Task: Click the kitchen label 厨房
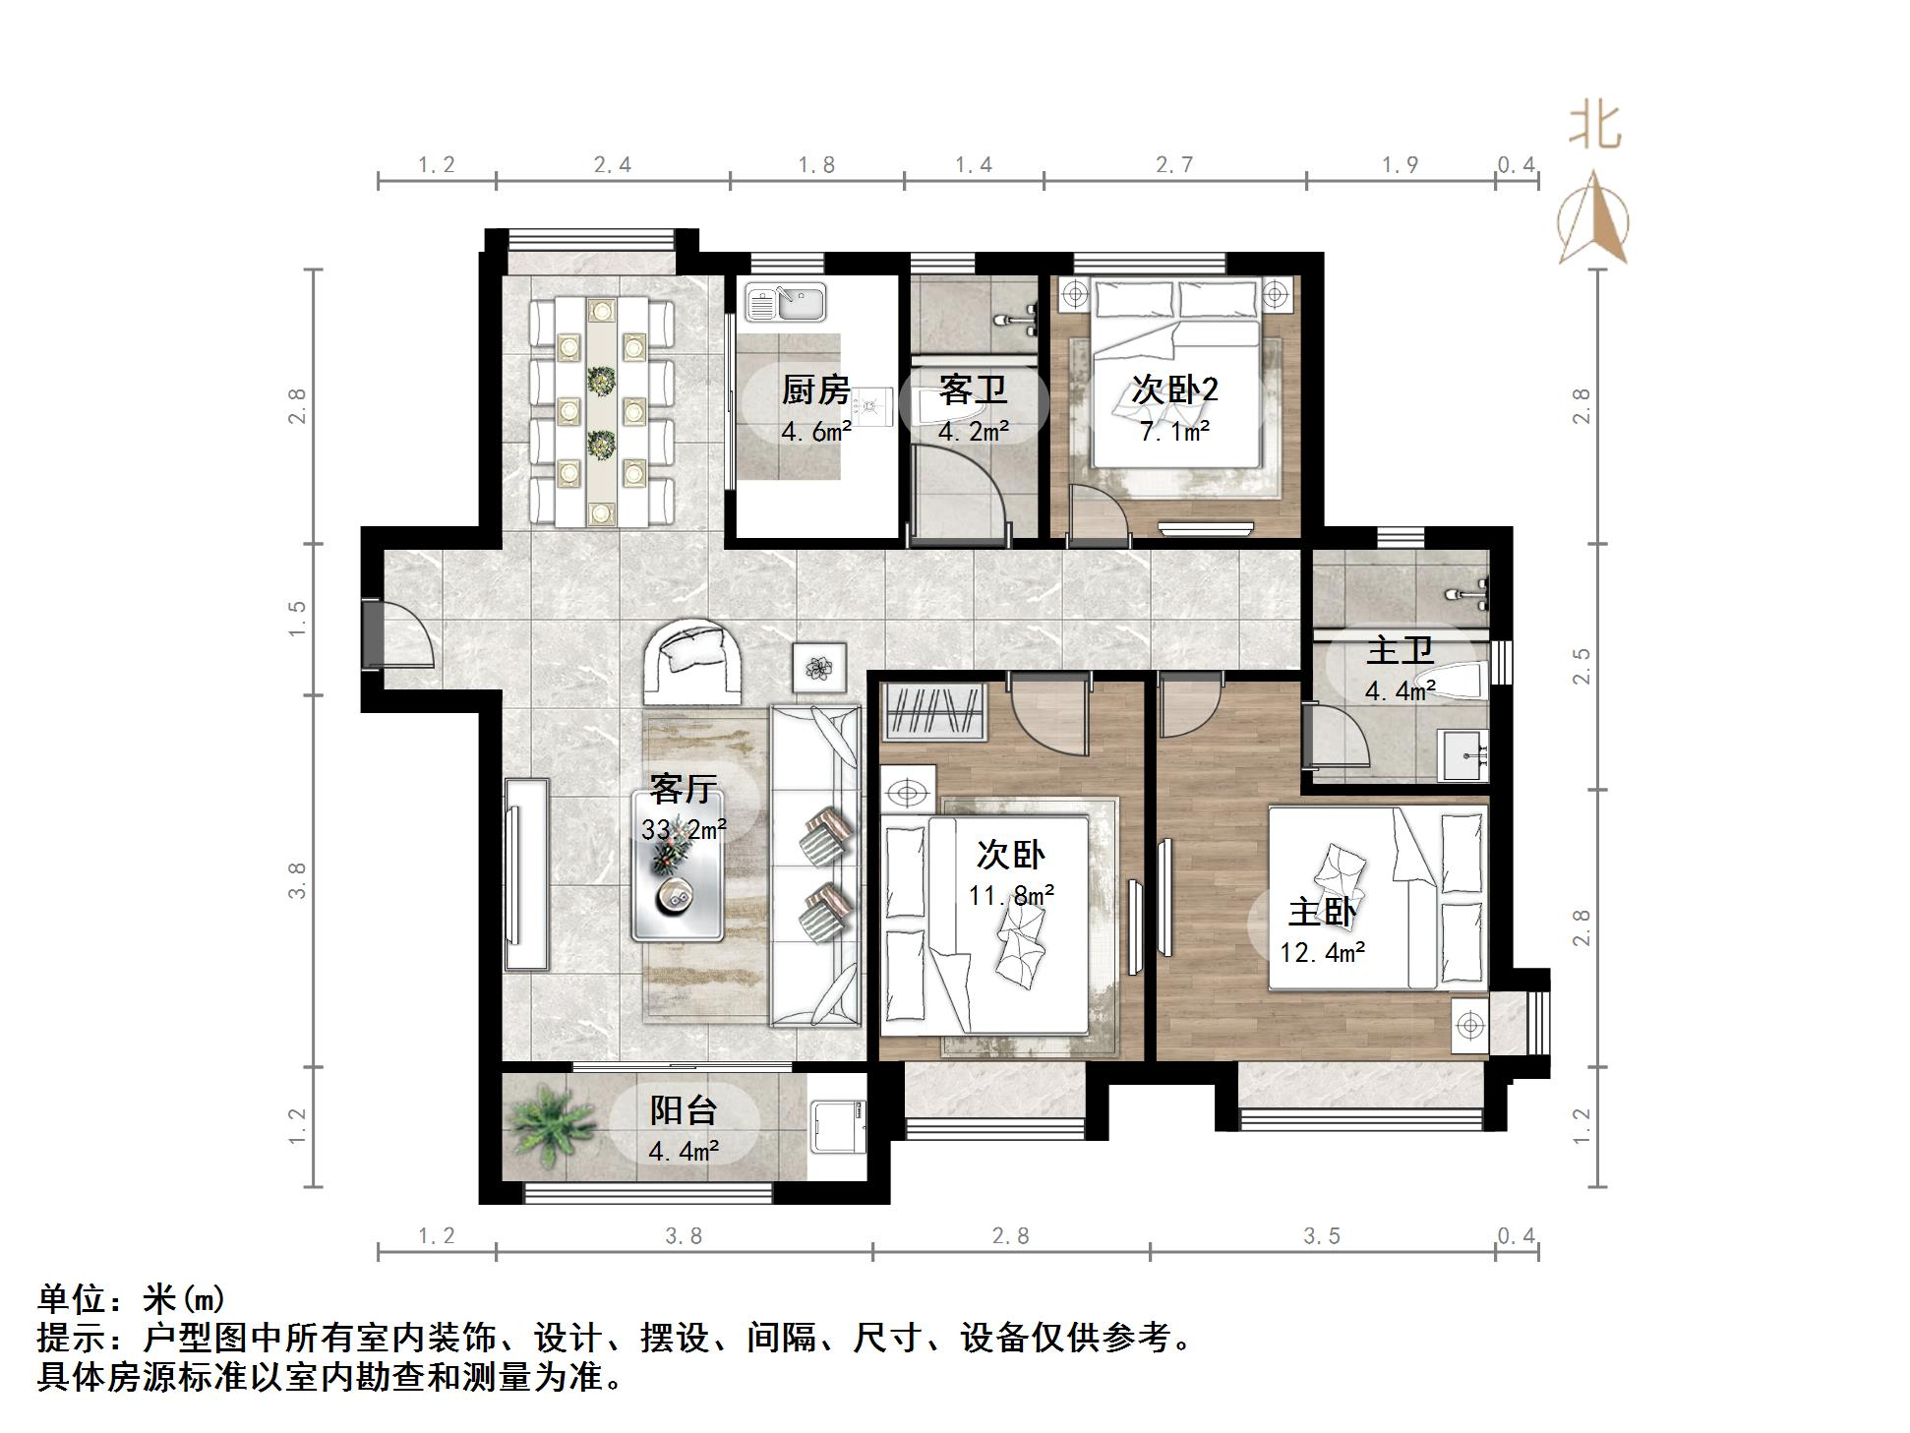815,390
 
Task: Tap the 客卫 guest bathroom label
973,390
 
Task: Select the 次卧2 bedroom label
1174,390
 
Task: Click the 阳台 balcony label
684,1110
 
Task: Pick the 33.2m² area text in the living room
684,829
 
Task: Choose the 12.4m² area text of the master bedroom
1322,952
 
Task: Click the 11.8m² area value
1011,895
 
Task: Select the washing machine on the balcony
838,1126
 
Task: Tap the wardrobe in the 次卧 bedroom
935,712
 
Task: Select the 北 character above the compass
1594,128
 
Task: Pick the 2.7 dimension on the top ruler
1174,164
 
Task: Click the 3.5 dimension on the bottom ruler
1322,1236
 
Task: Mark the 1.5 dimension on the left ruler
297,619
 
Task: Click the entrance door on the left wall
374,632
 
